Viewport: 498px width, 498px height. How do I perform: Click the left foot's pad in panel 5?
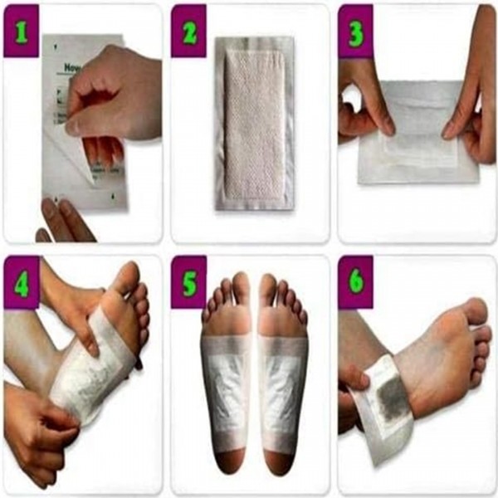coord(226,382)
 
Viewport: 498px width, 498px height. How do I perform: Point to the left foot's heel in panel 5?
coord(226,461)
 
